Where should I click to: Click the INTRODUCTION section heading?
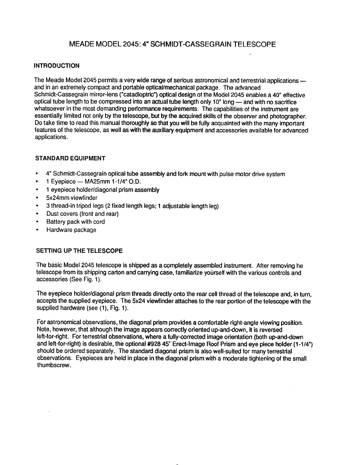click(57, 66)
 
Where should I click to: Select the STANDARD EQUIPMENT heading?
click(70, 158)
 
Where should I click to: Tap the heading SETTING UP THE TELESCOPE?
click(79, 251)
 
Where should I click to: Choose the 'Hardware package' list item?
click(71, 230)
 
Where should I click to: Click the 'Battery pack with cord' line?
click(75, 222)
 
